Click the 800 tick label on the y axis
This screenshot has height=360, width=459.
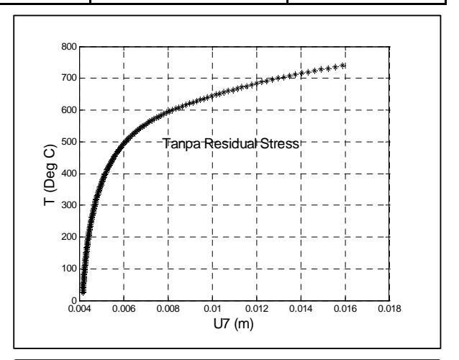point(69,47)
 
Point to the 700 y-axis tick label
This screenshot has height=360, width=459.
point(69,78)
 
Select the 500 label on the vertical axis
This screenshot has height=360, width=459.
point(69,142)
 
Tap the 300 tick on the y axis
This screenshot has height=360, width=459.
point(69,204)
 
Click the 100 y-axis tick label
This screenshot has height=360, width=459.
point(69,269)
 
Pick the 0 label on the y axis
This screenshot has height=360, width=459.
point(74,300)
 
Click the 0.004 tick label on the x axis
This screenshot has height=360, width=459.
point(80,309)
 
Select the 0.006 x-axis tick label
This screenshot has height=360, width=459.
point(124,309)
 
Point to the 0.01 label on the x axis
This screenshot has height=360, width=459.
point(212,309)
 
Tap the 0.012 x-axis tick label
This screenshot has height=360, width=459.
point(257,309)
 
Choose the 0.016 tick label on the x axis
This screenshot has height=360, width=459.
point(345,309)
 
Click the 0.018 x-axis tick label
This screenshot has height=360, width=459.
point(390,309)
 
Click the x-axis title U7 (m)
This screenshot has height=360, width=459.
point(234,324)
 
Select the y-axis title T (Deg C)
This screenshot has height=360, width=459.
point(50,175)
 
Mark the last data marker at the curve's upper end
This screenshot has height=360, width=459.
point(343,66)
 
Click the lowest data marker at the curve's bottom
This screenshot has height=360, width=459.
point(83,292)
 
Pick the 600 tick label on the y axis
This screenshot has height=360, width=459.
point(69,110)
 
